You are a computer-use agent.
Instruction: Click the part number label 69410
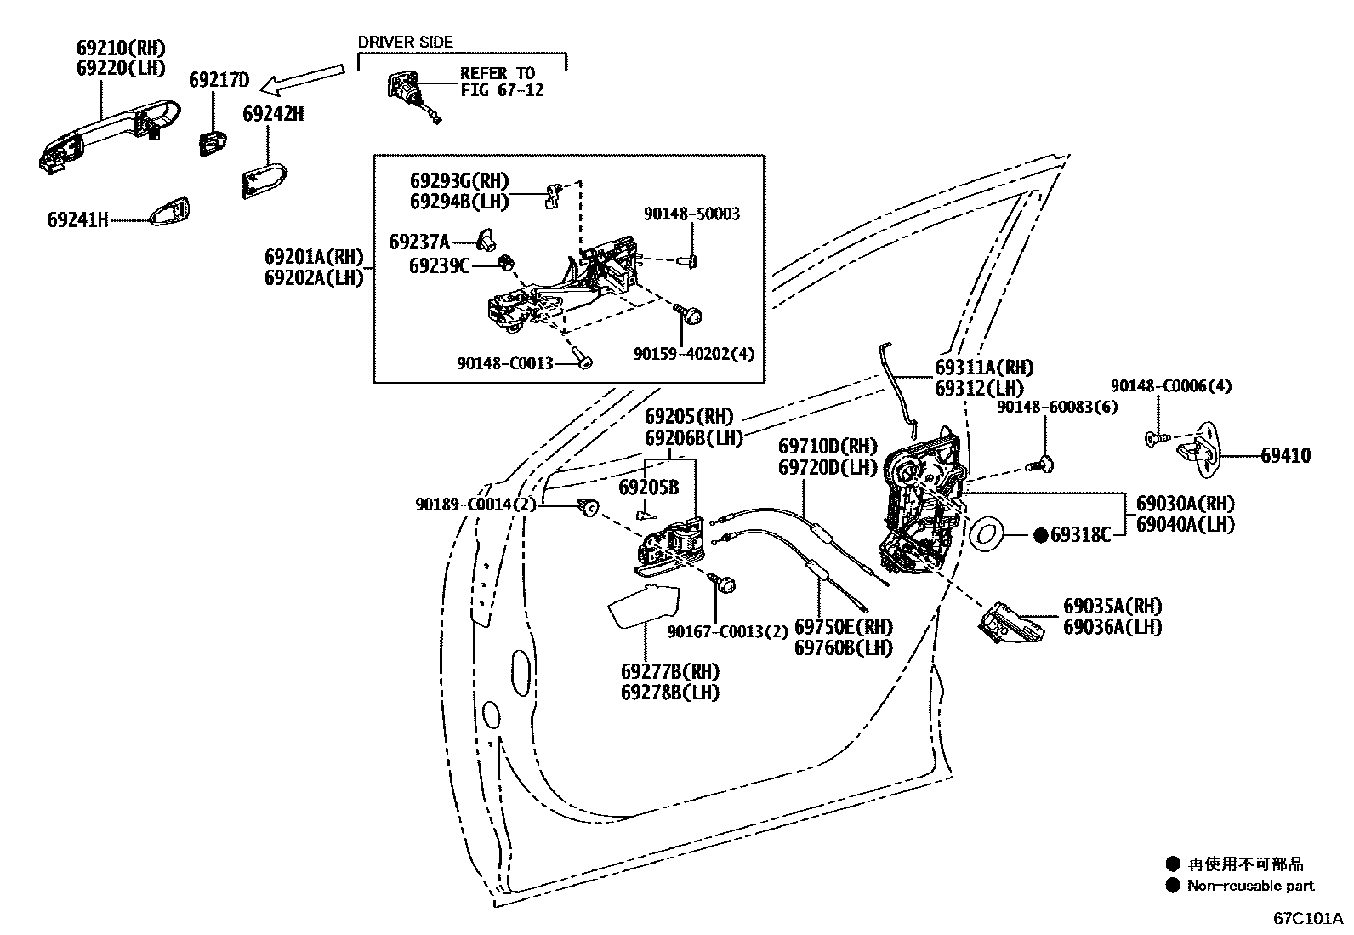click(1285, 456)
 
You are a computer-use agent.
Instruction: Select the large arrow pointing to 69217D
click(303, 78)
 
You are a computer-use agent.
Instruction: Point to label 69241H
click(77, 220)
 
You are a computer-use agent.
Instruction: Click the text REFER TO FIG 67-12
click(501, 82)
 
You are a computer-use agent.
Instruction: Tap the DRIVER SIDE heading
click(405, 42)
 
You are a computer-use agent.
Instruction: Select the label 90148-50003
click(691, 214)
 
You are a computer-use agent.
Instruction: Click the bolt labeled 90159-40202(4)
click(691, 316)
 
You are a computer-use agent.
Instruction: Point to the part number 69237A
click(419, 242)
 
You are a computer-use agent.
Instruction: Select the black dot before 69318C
click(1040, 535)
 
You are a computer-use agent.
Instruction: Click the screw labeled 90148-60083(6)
click(1044, 463)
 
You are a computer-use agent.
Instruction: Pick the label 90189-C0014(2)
click(476, 505)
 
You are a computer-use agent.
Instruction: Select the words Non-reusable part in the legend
click(1250, 886)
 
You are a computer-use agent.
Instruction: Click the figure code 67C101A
click(1307, 920)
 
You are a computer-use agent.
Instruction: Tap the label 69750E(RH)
click(843, 627)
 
